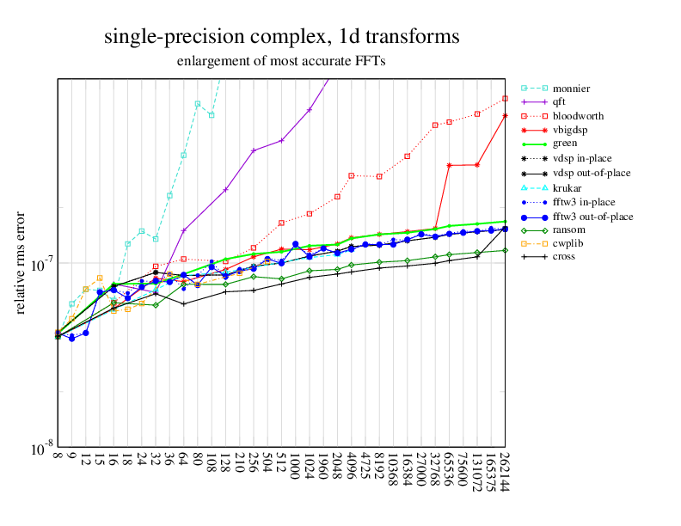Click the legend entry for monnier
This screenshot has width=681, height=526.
(571, 88)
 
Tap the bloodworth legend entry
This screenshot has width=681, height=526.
(578, 115)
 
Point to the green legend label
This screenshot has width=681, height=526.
(565, 143)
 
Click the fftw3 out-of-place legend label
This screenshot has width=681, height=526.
(592, 215)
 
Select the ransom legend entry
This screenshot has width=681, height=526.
(568, 229)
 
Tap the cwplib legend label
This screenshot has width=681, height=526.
(568, 242)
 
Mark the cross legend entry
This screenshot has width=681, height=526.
(564, 256)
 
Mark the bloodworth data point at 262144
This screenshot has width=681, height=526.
(505, 99)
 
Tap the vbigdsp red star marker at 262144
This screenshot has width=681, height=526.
(505, 115)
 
